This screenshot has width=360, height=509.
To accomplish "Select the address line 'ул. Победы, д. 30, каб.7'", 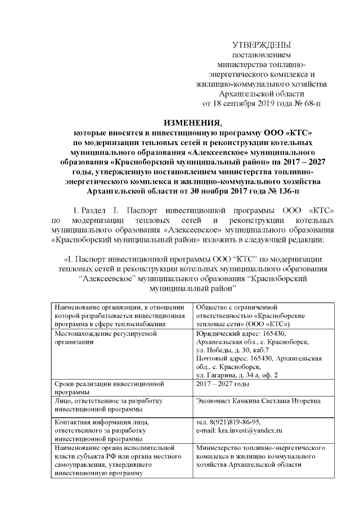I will click(x=231, y=350).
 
